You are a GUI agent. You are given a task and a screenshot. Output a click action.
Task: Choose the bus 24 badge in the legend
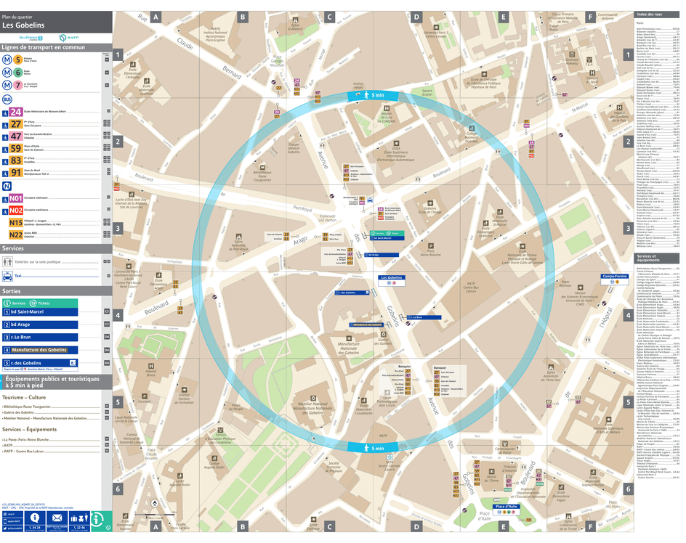click(16, 112)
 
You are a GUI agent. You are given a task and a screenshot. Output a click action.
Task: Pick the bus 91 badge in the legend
click(16, 173)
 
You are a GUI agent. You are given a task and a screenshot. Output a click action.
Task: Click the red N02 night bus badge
click(16, 211)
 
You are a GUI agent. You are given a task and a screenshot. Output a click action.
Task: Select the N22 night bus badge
click(16, 234)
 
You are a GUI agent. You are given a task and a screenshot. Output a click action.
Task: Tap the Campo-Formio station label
click(614, 277)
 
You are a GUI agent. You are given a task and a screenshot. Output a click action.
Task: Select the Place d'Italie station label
click(507, 507)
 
